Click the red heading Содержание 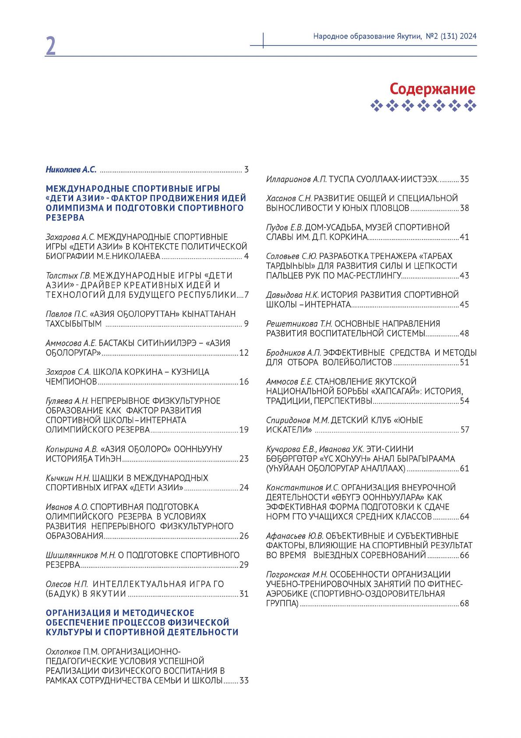pyautogui.click(x=432, y=89)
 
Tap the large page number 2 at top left pyautogui.click(x=51, y=46)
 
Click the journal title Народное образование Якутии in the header pyautogui.click(x=367, y=36)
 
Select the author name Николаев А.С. pyautogui.click(x=71, y=169)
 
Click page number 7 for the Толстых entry pyautogui.click(x=246, y=294)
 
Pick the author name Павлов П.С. pyautogui.click(x=67, y=314)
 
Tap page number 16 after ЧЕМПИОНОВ pyautogui.click(x=244, y=382)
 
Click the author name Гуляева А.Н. pyautogui.click(x=67, y=401)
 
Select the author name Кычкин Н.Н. pyautogui.click(x=68, y=478)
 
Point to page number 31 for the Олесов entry pyautogui.click(x=244, y=594)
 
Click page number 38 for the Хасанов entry pyautogui.click(x=464, y=208)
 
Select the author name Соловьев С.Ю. pyautogui.click(x=291, y=256)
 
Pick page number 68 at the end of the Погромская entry pyautogui.click(x=464, y=603)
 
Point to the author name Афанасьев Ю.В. pyautogui.click(x=295, y=536)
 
